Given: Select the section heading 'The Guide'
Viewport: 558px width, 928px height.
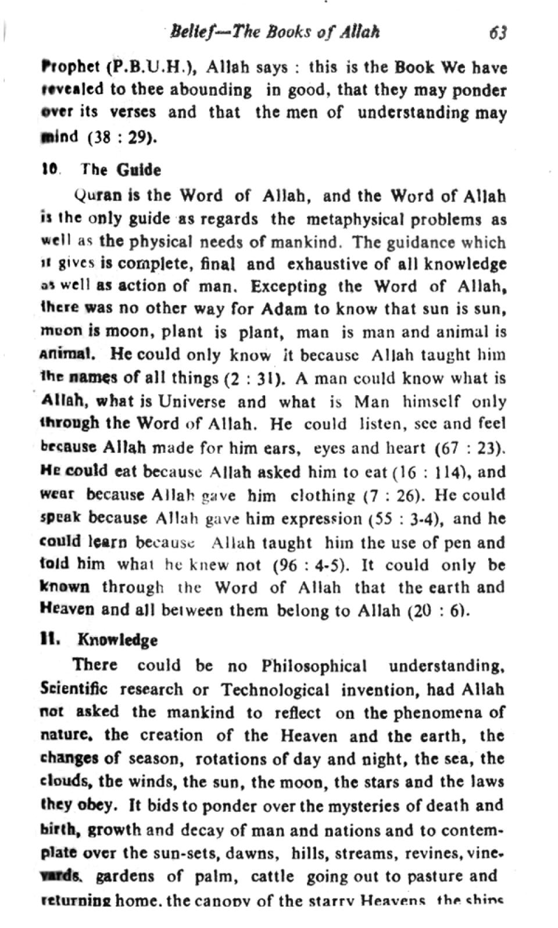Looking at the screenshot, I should click(121, 170).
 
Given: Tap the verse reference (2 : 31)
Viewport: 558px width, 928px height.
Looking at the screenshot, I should click(254, 378).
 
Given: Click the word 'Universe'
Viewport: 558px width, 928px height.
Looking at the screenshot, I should click(192, 402).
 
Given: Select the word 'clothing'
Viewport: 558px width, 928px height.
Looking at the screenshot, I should click(323, 495).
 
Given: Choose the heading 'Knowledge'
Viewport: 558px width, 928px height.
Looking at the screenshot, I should click(117, 640).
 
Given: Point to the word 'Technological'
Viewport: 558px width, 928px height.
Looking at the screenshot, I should click(275, 690).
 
